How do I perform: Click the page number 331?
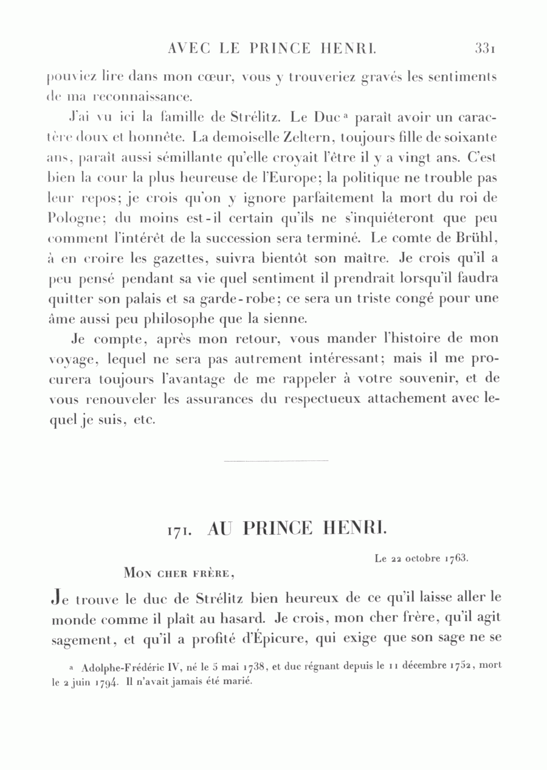click(x=487, y=48)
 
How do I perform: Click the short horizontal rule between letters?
click(x=275, y=460)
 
